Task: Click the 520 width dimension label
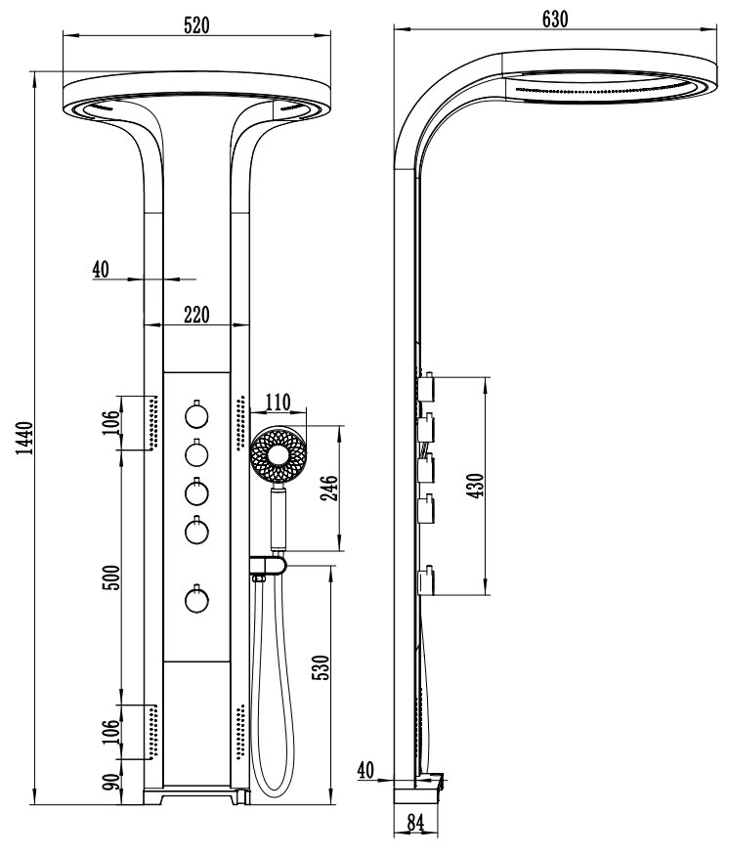pyautogui.click(x=196, y=25)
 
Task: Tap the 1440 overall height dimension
pyautogui.click(x=24, y=438)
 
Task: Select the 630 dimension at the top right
pyautogui.click(x=555, y=20)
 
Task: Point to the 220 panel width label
pyautogui.click(x=196, y=315)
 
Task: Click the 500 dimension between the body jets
pyautogui.click(x=111, y=577)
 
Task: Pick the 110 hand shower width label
pyautogui.click(x=278, y=403)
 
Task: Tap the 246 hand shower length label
pyautogui.click(x=329, y=488)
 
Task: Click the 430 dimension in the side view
pyautogui.click(x=475, y=486)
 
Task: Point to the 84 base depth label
pyautogui.click(x=415, y=823)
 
